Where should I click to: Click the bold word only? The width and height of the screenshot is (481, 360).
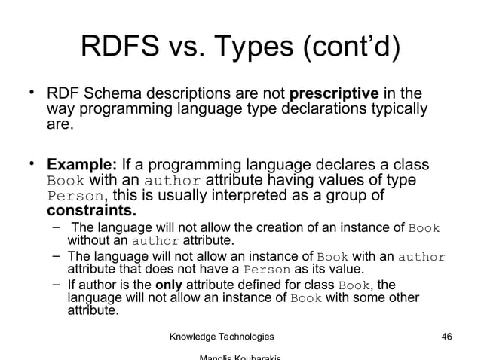tap(169, 285)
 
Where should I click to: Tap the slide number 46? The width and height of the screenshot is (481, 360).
tap(446, 336)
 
